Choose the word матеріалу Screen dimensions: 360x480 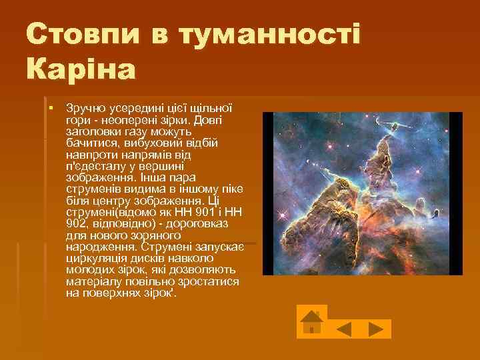pyautogui.click(x=94, y=281)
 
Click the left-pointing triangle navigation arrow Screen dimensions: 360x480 pyautogui.click(x=345, y=329)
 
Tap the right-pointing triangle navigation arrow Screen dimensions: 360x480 pyautogui.click(x=377, y=329)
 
